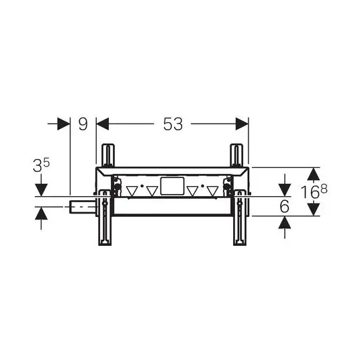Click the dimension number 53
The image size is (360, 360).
point(173,124)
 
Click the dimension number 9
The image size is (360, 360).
point(83,124)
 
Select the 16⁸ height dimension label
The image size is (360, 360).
point(314,192)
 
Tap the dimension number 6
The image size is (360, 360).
point(285,206)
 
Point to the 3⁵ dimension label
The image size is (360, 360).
point(42,165)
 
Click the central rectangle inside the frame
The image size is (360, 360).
point(173,186)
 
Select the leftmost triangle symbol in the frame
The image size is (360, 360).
point(132,191)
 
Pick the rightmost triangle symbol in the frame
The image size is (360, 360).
point(212,191)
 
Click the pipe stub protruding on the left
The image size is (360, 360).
point(83,207)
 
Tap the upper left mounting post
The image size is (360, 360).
point(108,155)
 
